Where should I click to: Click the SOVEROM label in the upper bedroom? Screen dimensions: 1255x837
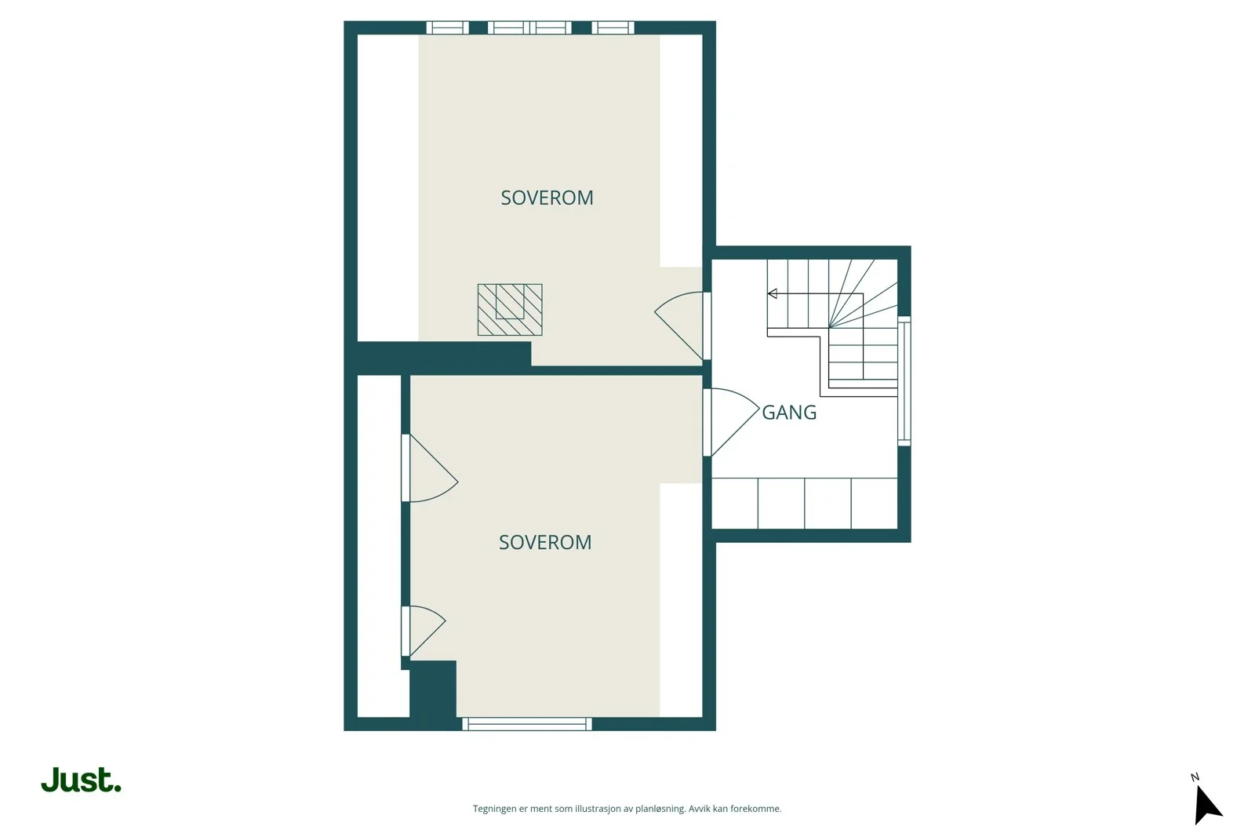tap(547, 198)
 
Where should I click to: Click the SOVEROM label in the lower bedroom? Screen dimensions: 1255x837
tap(545, 542)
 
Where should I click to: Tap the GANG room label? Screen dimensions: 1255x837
tap(789, 413)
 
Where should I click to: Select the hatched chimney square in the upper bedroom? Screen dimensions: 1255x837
tap(510, 310)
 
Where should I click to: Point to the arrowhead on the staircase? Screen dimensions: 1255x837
tap(772, 293)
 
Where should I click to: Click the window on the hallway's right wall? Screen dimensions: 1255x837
tap(904, 381)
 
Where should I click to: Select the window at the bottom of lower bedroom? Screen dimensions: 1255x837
tap(527, 724)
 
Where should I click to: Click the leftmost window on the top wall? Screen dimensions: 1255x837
tap(448, 27)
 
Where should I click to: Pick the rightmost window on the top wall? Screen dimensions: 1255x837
tap(613, 27)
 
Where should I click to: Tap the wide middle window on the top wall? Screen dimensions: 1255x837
tap(529, 27)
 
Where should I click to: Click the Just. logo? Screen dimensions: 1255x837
tap(82, 780)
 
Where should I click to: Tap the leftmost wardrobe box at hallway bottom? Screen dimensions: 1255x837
tap(734, 503)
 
